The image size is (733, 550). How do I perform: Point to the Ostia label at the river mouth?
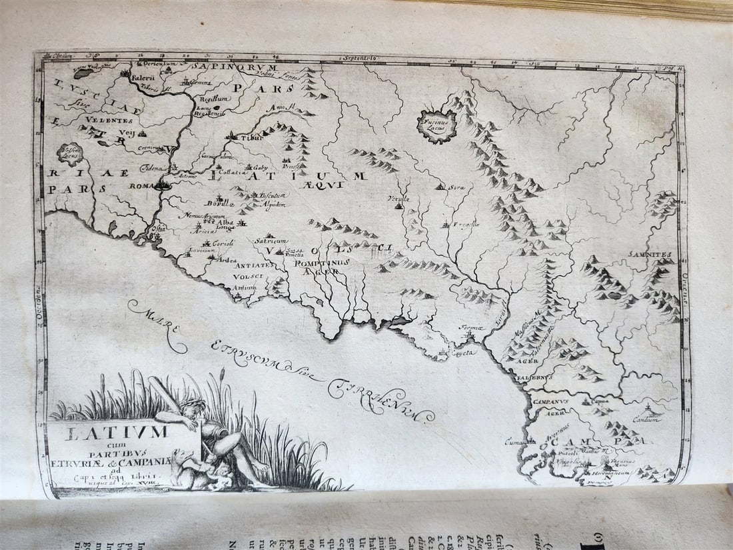[x=159, y=228]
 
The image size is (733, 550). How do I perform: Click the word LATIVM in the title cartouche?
[x=117, y=433]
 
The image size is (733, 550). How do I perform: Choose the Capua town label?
[x=601, y=402]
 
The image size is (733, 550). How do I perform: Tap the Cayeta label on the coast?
[x=464, y=352]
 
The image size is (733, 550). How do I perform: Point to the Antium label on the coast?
[x=245, y=287]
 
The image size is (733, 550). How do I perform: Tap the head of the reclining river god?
[x=194, y=407]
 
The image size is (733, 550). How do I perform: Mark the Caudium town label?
[x=645, y=420]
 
